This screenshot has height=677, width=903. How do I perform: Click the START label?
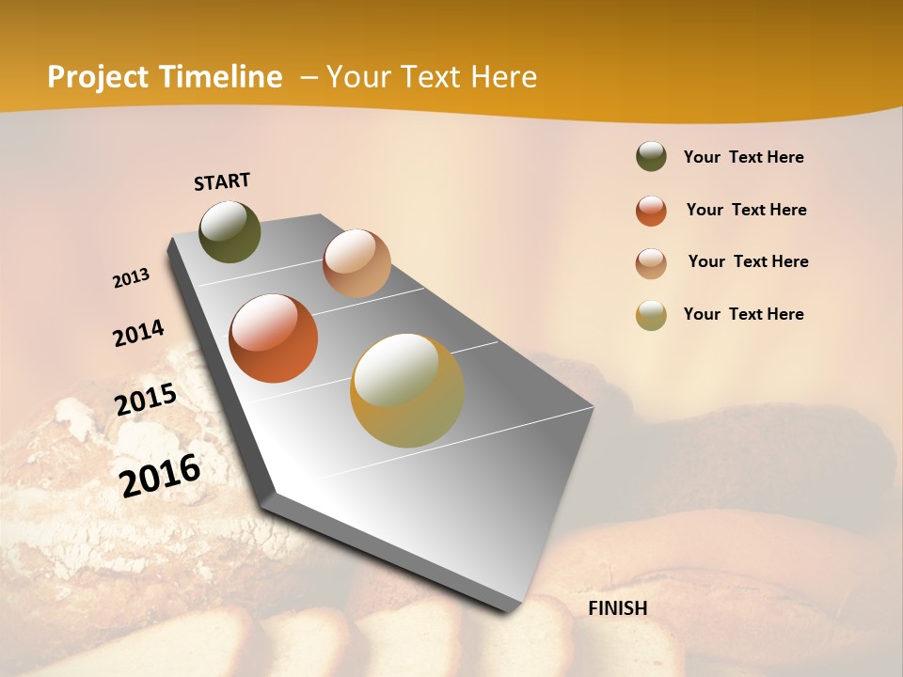tap(222, 181)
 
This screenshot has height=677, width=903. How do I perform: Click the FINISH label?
tap(618, 608)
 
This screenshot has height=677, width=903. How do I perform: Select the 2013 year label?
tap(131, 278)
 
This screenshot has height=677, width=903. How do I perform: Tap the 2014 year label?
tap(138, 334)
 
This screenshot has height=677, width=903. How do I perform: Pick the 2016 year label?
tap(160, 475)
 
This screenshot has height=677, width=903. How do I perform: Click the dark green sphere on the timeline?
tap(230, 231)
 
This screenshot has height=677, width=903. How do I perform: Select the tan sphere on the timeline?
tap(356, 262)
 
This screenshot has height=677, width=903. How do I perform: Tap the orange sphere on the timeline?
tap(274, 338)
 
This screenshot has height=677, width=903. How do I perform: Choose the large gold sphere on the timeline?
tap(407, 390)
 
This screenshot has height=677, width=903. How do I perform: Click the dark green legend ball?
tap(651, 157)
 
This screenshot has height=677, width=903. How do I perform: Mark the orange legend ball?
tap(651, 211)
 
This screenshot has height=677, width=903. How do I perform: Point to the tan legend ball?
tap(651, 263)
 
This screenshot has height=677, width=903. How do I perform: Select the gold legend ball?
tap(651, 315)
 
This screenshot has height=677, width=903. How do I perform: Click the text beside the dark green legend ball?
tap(743, 158)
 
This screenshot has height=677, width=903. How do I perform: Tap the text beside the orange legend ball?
tap(746, 210)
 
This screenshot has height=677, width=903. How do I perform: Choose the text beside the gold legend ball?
tap(743, 314)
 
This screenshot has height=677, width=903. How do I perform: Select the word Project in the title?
tap(99, 77)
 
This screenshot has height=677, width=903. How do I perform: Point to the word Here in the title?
tap(503, 77)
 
